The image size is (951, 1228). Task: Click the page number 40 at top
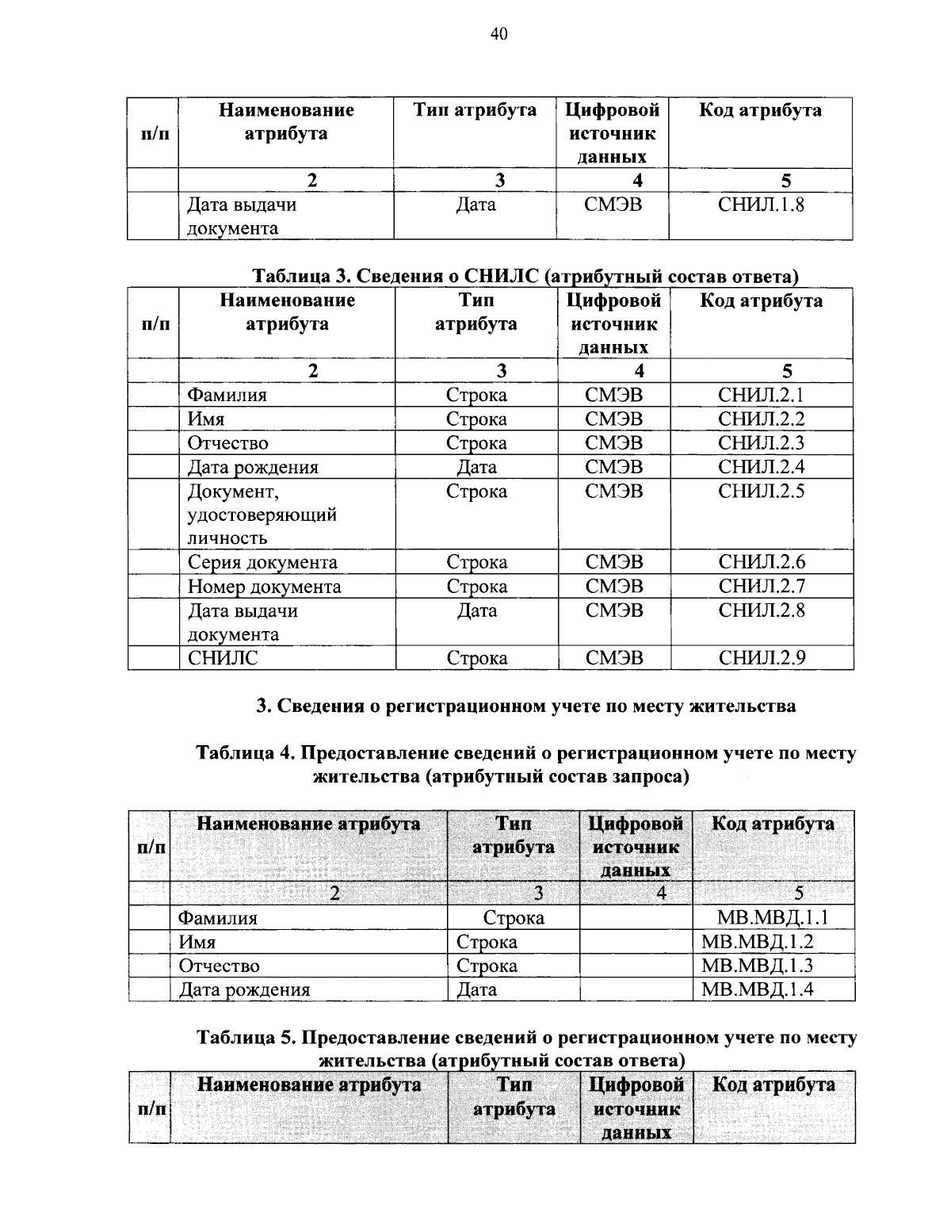[498, 33]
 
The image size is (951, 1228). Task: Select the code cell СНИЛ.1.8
[761, 205]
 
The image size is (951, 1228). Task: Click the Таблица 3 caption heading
[525, 276]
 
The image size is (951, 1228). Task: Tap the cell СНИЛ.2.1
[761, 395]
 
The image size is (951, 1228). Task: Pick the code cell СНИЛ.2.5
[761, 492]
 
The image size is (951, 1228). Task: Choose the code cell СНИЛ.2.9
[761, 657]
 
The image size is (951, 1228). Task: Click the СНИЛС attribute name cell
[223, 657]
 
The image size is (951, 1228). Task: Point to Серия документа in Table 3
[262, 562]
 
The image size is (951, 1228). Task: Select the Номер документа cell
[264, 587]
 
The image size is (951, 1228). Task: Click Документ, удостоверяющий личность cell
[262, 515]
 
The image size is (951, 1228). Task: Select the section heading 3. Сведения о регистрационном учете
[526, 706]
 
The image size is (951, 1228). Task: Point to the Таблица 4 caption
[526, 764]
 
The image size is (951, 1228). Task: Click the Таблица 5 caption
[526, 1048]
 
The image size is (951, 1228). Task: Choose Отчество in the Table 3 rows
[227, 443]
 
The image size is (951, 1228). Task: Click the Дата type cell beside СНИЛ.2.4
[476, 467]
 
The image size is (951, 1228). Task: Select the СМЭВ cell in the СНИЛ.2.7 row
[614, 587]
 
